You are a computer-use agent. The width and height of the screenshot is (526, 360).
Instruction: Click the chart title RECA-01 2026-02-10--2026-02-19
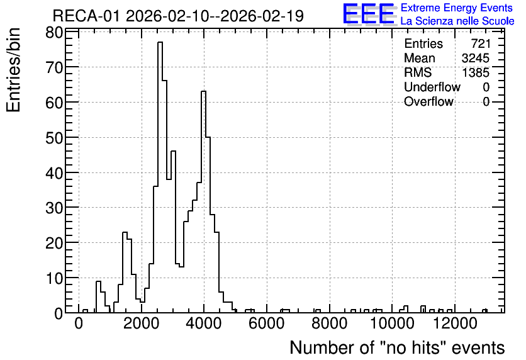click(x=178, y=16)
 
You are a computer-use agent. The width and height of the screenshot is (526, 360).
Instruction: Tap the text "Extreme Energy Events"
click(x=457, y=8)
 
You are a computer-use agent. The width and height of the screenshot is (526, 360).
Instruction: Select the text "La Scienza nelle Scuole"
click(x=457, y=21)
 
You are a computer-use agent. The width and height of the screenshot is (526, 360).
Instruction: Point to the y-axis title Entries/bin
click(x=14, y=70)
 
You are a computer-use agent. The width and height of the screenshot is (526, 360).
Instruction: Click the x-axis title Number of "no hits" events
click(x=397, y=347)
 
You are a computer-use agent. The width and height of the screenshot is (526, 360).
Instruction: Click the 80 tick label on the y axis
click(x=54, y=33)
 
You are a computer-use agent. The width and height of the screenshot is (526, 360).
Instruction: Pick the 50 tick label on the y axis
click(x=54, y=138)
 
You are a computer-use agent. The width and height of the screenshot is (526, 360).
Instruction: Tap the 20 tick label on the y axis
click(x=54, y=242)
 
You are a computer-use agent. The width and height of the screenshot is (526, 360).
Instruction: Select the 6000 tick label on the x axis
click(x=267, y=324)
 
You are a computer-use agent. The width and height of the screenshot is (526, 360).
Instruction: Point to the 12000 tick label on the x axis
click(x=455, y=324)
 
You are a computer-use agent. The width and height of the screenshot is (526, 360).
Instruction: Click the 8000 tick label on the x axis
click(x=330, y=324)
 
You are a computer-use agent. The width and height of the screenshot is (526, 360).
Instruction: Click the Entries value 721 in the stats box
click(x=481, y=43)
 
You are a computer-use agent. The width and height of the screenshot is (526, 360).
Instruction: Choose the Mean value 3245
click(x=475, y=58)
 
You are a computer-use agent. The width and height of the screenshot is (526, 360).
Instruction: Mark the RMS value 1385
click(x=475, y=72)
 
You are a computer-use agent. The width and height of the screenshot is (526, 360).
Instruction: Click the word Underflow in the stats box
click(x=432, y=87)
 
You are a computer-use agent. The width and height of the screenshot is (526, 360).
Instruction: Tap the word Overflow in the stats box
click(x=428, y=101)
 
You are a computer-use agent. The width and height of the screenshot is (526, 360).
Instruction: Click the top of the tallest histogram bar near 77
click(x=160, y=42)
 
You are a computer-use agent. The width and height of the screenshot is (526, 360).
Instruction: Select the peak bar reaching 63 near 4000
click(x=203, y=91)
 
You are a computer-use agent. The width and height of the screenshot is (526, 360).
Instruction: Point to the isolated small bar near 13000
click(x=484, y=311)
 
